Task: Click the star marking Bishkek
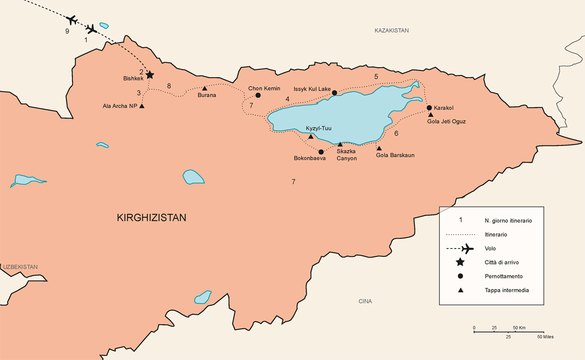click(x=149, y=75)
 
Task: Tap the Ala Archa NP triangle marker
click(x=142, y=106)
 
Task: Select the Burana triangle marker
click(x=204, y=88)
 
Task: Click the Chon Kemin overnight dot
click(x=258, y=95)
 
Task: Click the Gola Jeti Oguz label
click(x=446, y=121)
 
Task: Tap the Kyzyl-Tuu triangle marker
click(x=310, y=136)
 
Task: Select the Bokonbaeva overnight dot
click(x=321, y=151)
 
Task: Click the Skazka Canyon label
click(x=346, y=155)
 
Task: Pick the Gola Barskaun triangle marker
click(x=379, y=148)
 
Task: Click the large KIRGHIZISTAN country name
click(x=151, y=218)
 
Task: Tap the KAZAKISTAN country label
click(x=391, y=30)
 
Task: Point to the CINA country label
click(x=365, y=301)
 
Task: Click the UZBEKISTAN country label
click(x=20, y=267)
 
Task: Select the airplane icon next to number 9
click(x=71, y=20)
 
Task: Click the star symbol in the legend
click(x=460, y=262)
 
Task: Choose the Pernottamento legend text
click(x=503, y=276)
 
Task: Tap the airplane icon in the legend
click(x=467, y=248)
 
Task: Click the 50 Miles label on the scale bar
click(x=545, y=337)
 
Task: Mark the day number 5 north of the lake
click(x=376, y=77)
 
